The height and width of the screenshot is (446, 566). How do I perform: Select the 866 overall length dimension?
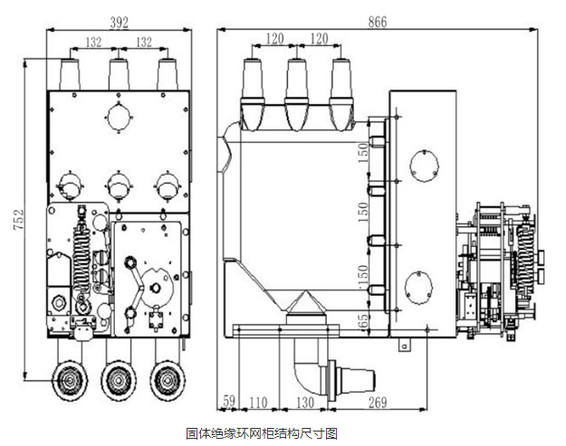tap(376, 21)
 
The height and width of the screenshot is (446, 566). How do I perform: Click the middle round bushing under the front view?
tap(117, 379)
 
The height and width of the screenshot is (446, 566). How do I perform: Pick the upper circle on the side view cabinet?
tap(423, 164)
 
